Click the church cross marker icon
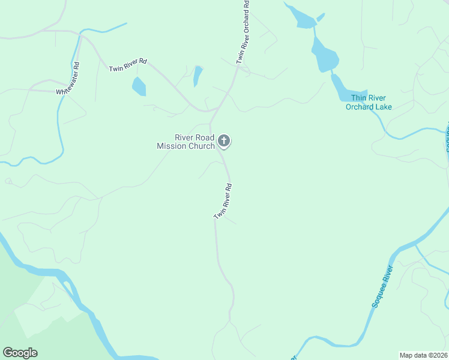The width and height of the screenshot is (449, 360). (x=224, y=141)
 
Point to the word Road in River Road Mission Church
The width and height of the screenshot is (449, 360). (x=202, y=137)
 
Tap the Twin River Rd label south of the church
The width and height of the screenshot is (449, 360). (x=223, y=201)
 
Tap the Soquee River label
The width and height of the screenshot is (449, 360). (x=382, y=286)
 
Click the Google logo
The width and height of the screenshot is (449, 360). (x=20, y=353)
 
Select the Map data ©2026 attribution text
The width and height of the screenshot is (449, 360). (x=423, y=355)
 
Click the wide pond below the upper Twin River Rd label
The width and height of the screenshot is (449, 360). (x=139, y=87)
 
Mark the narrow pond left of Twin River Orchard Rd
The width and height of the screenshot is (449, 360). (x=197, y=76)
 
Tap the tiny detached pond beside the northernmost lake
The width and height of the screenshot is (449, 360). (x=321, y=17)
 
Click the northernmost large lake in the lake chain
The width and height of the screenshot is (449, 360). (x=303, y=19)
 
